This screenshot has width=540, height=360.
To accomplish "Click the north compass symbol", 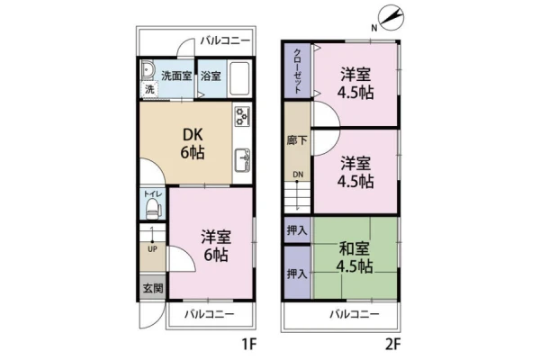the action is click(x=391, y=16).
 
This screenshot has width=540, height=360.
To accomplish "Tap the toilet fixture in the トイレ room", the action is click(x=153, y=210).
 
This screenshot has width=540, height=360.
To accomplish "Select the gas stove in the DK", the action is click(x=242, y=116).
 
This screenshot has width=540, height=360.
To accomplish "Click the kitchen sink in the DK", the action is click(x=242, y=160).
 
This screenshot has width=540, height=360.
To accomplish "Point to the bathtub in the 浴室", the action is click(x=239, y=79).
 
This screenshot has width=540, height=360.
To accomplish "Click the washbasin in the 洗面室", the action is click(x=148, y=71).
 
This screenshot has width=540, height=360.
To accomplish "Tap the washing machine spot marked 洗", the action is click(x=149, y=90).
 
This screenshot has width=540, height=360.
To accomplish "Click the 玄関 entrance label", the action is click(x=153, y=288).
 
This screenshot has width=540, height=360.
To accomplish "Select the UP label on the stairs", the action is click(x=152, y=248).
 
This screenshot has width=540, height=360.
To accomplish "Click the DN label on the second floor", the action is click(x=298, y=175).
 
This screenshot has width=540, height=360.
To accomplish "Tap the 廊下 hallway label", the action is click(x=297, y=140).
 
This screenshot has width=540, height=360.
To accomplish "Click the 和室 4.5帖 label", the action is click(x=355, y=257).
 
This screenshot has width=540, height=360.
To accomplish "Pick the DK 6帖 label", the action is click(x=193, y=144).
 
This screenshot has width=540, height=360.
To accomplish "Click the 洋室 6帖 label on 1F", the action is click(x=216, y=246).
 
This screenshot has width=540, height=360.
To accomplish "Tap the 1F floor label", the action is click(x=248, y=344).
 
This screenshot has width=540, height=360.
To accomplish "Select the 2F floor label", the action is click(x=393, y=344).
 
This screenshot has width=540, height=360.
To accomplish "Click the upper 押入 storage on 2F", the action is click(x=297, y=229).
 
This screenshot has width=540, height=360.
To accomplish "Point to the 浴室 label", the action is click(x=211, y=76).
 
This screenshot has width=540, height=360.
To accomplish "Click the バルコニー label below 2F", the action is click(x=355, y=314).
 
